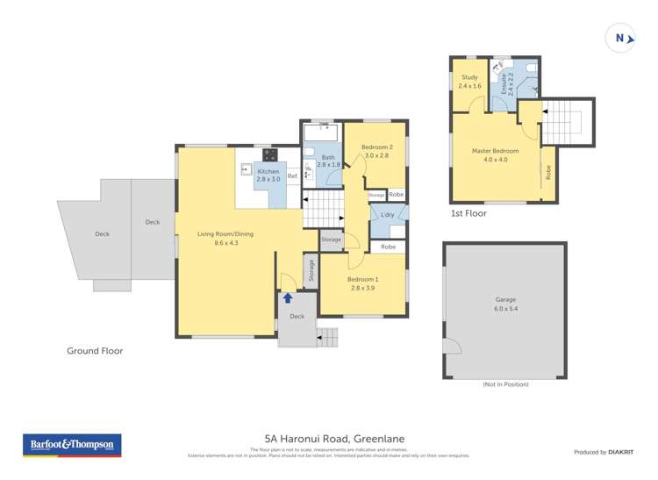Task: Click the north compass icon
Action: point(620,38)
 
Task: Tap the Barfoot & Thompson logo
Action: point(71,445)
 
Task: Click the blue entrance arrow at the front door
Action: point(288,298)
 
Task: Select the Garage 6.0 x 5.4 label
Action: point(505,304)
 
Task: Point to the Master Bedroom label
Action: point(495,155)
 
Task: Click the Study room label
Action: point(470,82)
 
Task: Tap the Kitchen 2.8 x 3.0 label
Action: point(268,176)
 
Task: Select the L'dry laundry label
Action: point(387,215)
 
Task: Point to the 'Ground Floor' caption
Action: point(95,351)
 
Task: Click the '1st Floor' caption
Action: point(468,213)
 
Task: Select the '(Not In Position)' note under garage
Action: point(505,384)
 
